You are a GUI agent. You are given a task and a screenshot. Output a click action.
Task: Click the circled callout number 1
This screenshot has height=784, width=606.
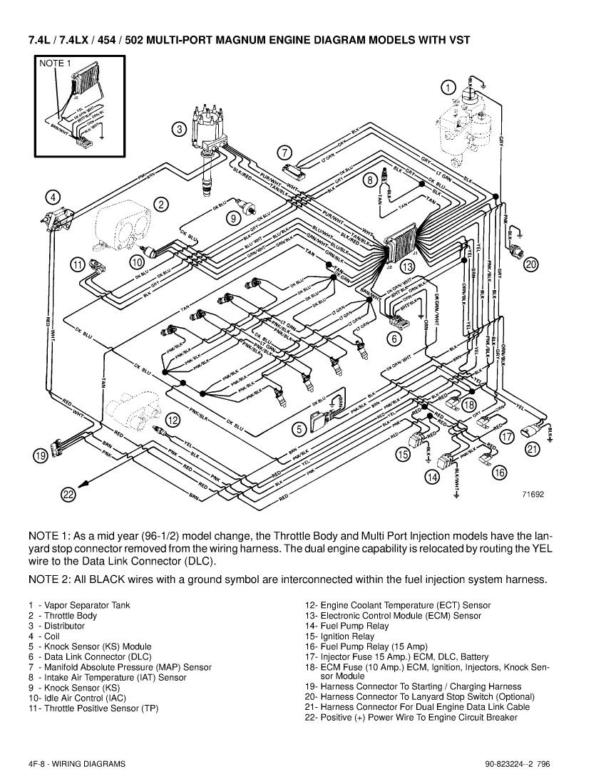pos(447,87)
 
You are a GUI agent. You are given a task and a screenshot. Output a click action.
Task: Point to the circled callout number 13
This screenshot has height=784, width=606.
pos(407,267)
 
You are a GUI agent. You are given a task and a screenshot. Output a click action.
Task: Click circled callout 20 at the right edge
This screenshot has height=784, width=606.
pos(531,265)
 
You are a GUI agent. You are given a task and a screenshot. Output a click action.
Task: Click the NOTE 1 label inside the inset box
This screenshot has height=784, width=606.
pos(55,63)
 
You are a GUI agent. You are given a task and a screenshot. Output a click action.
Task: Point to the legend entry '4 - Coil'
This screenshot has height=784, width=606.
pos(44,636)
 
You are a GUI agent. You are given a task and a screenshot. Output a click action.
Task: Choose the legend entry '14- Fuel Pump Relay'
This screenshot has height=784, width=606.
pos(346,626)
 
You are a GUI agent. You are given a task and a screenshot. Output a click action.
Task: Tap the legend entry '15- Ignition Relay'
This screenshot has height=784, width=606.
pos(337,636)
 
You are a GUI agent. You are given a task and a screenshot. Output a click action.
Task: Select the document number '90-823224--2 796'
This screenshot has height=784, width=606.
pos(516,763)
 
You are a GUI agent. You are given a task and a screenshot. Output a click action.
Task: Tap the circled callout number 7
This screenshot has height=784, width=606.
pos(284,152)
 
